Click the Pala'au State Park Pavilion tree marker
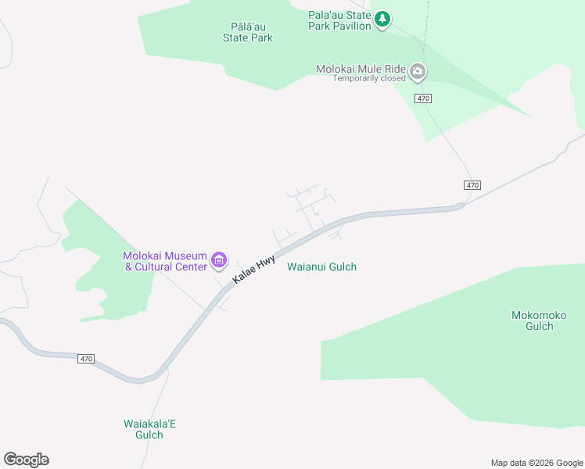click(x=382, y=19)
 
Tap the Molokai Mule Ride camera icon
click(x=418, y=72)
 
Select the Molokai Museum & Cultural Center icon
click(x=219, y=260)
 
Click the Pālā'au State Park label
click(x=247, y=32)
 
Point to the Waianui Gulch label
click(x=321, y=267)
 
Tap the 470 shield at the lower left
click(x=86, y=359)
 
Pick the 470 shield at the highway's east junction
click(x=472, y=185)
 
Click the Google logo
click(x=26, y=460)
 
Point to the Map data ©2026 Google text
click(x=537, y=463)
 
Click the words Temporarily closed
click(x=369, y=78)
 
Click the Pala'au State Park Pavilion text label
click(x=339, y=20)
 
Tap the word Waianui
click(x=306, y=267)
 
